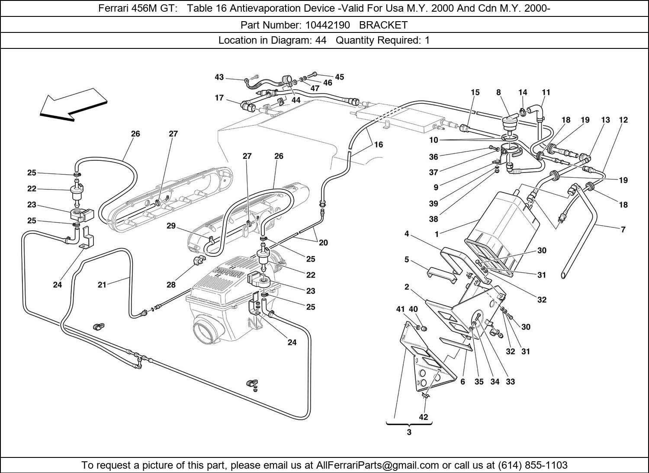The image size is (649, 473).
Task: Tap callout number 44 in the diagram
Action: point(296,100)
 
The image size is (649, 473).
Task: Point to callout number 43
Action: point(219,77)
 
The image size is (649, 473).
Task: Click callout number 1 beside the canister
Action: point(437,234)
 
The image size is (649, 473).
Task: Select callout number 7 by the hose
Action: point(623,230)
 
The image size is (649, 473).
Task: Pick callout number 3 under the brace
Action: point(409,432)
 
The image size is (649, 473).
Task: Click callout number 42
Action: point(423,417)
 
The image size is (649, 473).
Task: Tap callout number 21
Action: point(102,284)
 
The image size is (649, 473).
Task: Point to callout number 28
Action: point(171,284)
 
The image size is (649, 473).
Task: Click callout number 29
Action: point(171,226)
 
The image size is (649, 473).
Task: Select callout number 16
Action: point(379,144)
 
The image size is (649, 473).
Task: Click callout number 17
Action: point(219,98)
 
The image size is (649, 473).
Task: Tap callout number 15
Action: point(476,92)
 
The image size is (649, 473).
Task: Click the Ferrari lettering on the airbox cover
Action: point(228,273)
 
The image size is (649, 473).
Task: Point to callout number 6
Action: point(463,382)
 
